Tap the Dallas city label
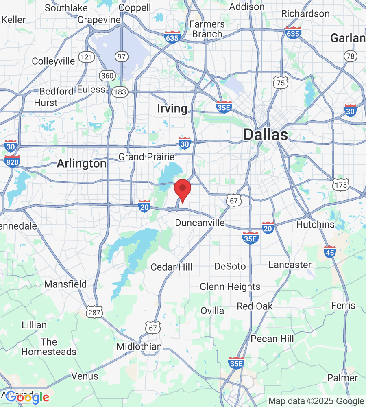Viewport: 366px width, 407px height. pos(266,135)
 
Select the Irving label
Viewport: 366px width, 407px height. pos(172,109)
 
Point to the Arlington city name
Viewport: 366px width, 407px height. pos(81,164)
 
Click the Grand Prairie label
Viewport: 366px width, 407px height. pos(146,157)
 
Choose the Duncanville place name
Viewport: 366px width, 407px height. pos(200,223)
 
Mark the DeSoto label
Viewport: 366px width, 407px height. pos(230,266)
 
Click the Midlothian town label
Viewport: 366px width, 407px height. pos(139,347)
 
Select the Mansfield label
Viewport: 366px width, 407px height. pos(65,284)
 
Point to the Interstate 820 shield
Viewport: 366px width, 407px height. pos(13,161)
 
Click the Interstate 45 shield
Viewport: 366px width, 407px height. pos(330,252)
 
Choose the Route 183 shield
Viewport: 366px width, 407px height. pos(120,92)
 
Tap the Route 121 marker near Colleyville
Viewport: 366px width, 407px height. pos(87,57)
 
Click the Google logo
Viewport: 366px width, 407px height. pos(28,397)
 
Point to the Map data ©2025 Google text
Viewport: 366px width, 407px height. pos(316,401)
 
